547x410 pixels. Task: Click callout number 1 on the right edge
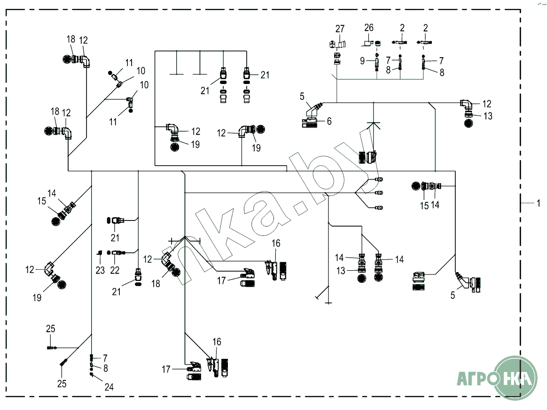(538, 203)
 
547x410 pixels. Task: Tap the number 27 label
(340, 29)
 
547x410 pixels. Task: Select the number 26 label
(369, 28)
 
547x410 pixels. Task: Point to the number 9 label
(362, 61)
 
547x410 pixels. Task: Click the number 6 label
(329, 121)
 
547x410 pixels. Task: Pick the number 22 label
(115, 270)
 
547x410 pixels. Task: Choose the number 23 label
(100, 270)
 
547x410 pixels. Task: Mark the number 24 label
(109, 387)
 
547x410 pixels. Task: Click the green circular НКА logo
(516, 378)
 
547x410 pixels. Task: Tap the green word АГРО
(476, 379)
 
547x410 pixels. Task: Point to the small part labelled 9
(377, 64)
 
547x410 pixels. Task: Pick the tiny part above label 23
(100, 252)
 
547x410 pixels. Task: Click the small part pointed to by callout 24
(91, 374)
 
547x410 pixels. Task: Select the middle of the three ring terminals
(378, 193)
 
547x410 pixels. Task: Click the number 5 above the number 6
(302, 96)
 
